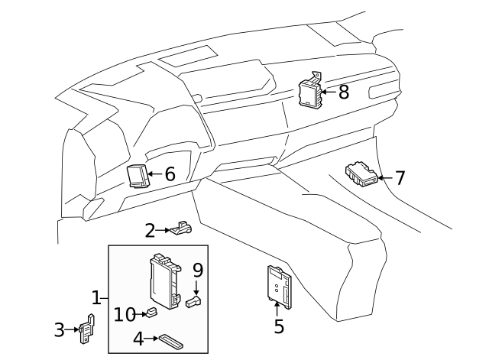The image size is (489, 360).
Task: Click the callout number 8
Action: (x=344, y=92)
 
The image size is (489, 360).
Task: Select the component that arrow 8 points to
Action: (x=310, y=91)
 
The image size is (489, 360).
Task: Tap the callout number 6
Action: (x=170, y=174)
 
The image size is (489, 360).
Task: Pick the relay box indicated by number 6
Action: (x=137, y=177)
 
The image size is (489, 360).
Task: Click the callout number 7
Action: (x=400, y=178)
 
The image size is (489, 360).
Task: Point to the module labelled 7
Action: (x=361, y=174)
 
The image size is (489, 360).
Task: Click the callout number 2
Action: (x=150, y=231)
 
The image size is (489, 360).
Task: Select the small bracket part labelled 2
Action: (x=181, y=228)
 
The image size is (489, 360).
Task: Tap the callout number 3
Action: (x=60, y=329)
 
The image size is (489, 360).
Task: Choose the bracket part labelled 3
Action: (x=86, y=329)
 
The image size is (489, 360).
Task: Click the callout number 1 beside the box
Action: (x=96, y=297)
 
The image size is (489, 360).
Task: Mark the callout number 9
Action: (x=198, y=270)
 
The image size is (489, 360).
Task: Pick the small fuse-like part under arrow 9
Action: (x=193, y=301)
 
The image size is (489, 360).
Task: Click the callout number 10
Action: (x=125, y=314)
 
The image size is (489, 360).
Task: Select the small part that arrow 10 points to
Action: (x=151, y=313)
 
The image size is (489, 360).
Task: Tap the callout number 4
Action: (x=138, y=339)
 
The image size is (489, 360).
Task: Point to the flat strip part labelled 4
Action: (x=171, y=342)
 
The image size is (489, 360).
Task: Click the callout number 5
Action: (x=279, y=326)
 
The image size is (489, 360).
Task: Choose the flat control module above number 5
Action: (x=280, y=287)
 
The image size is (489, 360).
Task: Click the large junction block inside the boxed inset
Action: (x=165, y=281)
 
